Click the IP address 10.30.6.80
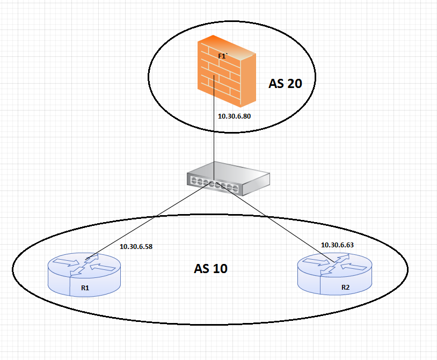click(235, 116)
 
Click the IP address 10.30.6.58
click(136, 247)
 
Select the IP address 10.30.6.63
click(337, 245)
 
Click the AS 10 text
click(210, 269)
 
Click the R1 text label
click(85, 288)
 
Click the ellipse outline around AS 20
click(149, 80)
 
